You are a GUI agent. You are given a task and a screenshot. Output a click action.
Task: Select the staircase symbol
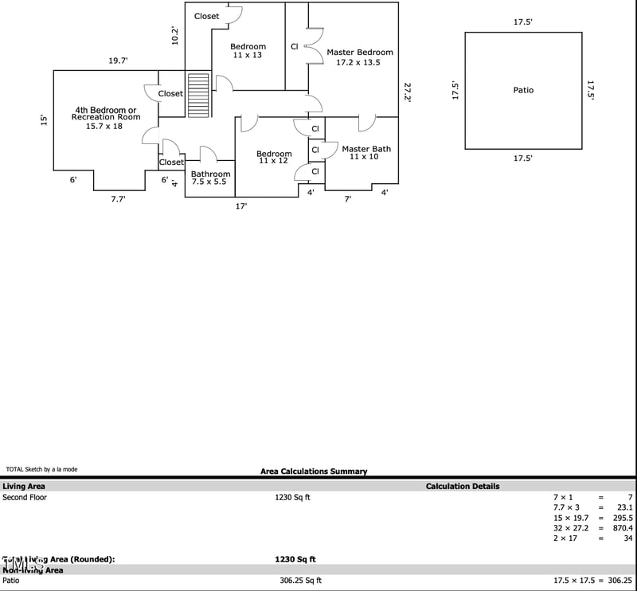[198, 95]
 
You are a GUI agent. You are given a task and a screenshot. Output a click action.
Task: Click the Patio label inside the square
[523, 90]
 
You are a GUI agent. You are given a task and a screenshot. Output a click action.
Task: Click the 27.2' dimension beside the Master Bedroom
[408, 92]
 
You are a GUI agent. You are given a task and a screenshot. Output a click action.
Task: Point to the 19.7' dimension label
[119, 61]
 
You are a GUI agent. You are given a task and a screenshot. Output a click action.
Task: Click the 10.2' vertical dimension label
[175, 36]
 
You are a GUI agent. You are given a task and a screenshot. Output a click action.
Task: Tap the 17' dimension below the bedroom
[240, 206]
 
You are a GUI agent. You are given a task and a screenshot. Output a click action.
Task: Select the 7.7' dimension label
[118, 199]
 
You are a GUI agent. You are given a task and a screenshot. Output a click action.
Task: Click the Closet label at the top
[206, 16]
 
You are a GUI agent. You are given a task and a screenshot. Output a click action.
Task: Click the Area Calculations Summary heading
[314, 472]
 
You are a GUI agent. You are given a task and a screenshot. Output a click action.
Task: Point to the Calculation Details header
[463, 486]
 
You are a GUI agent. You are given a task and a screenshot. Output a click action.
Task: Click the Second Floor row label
[25, 498]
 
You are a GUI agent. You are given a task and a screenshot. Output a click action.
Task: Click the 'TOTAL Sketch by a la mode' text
[41, 469]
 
